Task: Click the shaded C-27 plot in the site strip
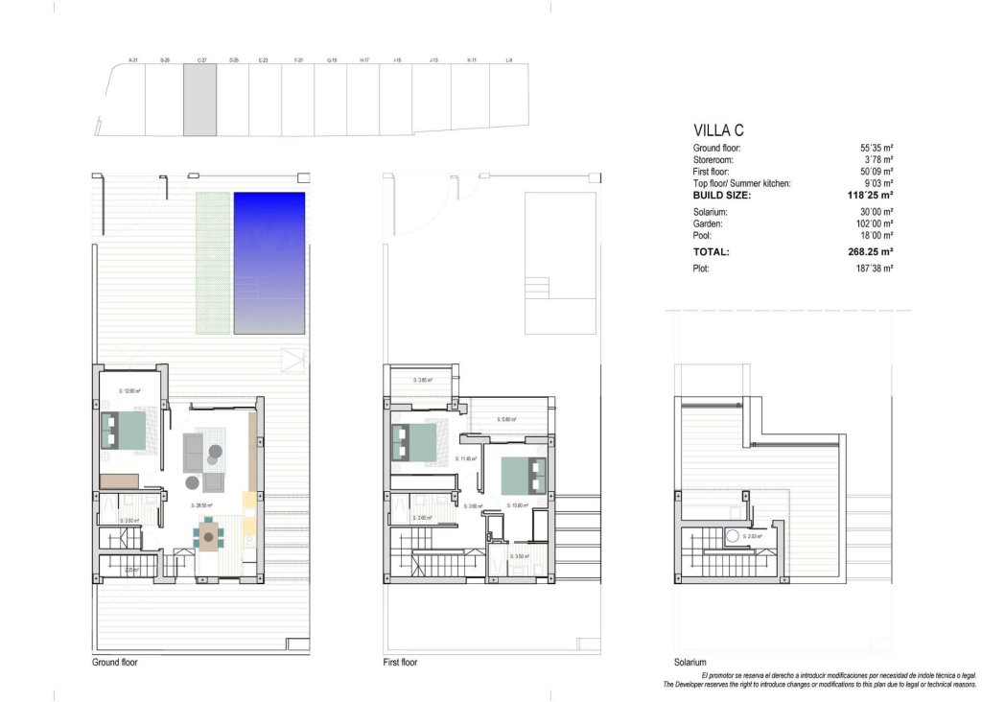point(199,101)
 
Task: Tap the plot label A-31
point(133,60)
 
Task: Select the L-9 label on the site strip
point(508,60)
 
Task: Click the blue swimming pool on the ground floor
point(269,264)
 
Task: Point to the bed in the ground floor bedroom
point(123,430)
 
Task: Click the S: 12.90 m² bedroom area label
point(130,390)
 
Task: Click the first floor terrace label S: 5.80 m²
point(507,419)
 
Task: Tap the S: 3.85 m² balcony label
point(423,381)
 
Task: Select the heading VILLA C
point(718,130)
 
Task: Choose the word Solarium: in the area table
point(710,212)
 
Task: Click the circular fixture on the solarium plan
point(732,536)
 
